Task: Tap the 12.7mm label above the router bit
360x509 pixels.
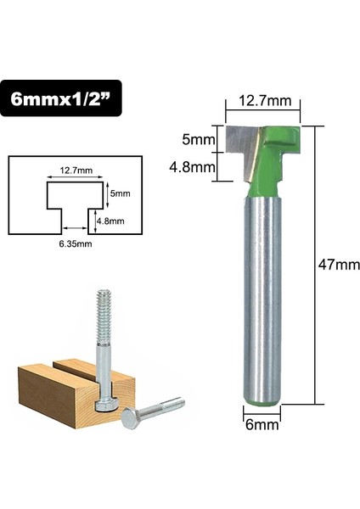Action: pyautogui.click(x=265, y=101)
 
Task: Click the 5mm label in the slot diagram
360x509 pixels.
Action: pyautogui.click(x=119, y=193)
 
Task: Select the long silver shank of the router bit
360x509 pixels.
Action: pyautogui.click(x=265, y=297)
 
